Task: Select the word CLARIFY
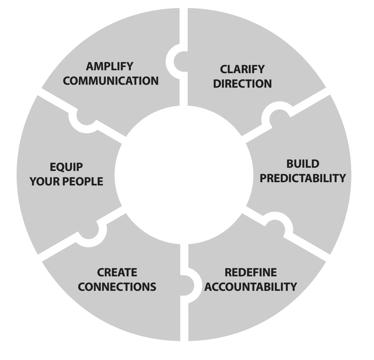[242, 70]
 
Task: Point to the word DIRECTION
[242, 83]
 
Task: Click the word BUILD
[303, 164]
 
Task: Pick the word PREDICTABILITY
[303, 178]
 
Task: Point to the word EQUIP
[66, 167]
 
